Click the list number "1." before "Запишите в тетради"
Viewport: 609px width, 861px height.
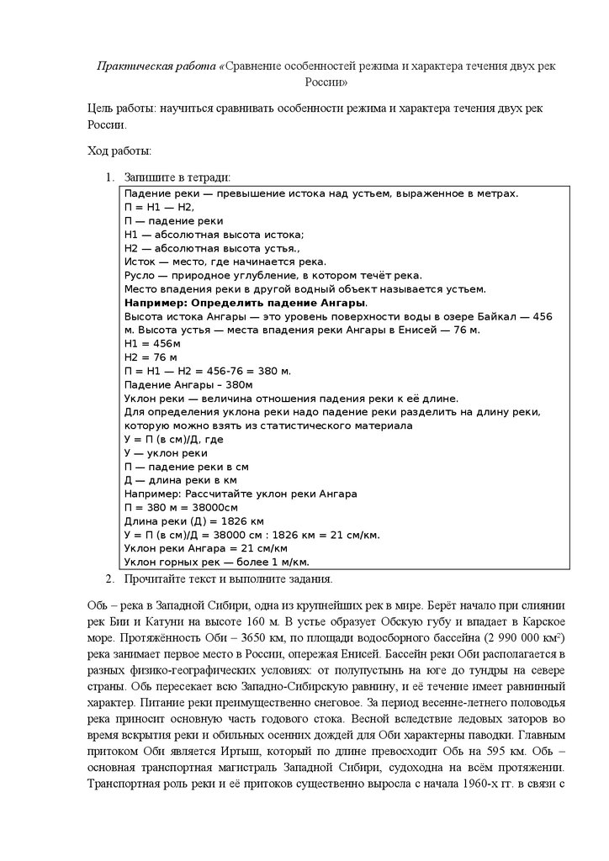coord(109,177)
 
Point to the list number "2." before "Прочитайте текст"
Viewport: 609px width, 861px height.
coord(109,578)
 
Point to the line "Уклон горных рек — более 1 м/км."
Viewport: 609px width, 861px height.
coord(216,561)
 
